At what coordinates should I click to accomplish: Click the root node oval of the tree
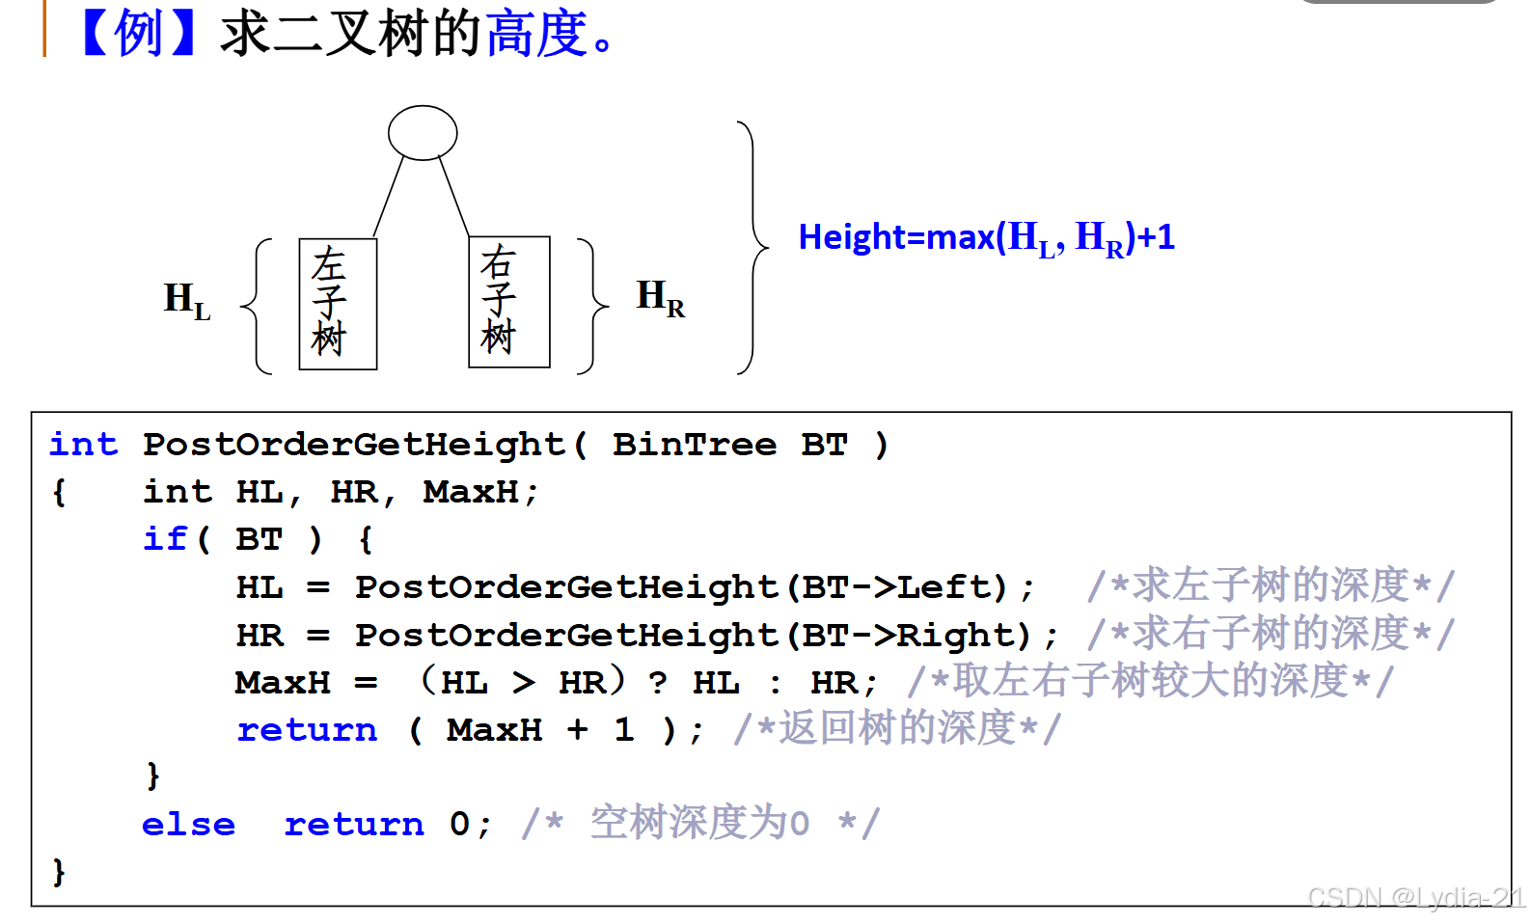[423, 133]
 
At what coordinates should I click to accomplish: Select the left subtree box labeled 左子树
[338, 304]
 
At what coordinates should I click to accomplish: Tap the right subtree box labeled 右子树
[508, 302]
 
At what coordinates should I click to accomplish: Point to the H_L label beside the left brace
[186, 301]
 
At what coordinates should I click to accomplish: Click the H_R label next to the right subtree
[660, 297]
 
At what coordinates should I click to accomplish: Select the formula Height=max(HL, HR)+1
[986, 237]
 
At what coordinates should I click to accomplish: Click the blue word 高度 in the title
[536, 33]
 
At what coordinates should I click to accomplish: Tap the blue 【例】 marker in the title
[139, 33]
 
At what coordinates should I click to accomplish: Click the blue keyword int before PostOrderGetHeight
[83, 445]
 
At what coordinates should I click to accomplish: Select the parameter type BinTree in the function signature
[695, 445]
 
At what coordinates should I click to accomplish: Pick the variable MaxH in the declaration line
[471, 492]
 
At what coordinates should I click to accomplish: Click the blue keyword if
[164, 538]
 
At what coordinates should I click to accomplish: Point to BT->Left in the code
[897, 586]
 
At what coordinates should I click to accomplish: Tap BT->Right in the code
[909, 635]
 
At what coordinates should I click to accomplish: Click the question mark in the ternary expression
[658, 683]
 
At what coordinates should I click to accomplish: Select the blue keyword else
[188, 825]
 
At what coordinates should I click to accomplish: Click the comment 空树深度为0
[699, 824]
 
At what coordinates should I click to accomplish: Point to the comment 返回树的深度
[897, 729]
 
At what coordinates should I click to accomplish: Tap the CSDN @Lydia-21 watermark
[1415, 898]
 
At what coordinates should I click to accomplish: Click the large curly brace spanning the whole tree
[753, 247]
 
